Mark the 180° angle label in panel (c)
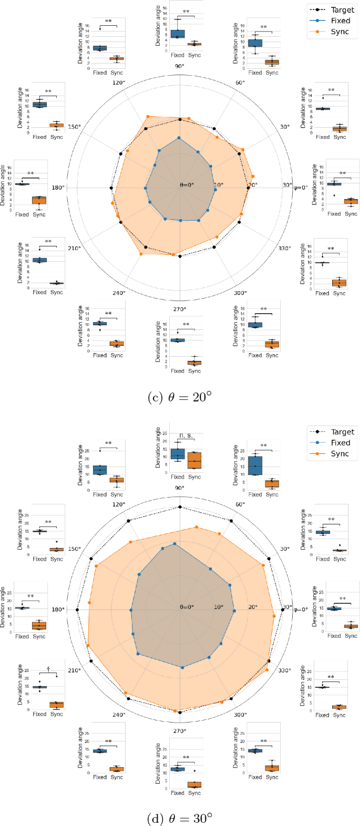point(57,188)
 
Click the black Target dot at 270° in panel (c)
point(180,256)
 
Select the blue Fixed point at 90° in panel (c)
point(179,138)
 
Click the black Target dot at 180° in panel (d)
point(78,610)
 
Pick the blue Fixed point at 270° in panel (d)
point(182,667)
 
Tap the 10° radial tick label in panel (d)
point(218,607)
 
